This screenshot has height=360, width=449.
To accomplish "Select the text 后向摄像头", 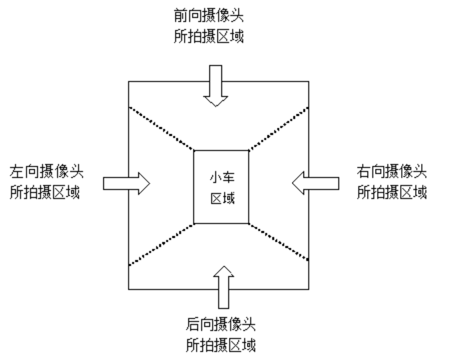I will click(x=220, y=325).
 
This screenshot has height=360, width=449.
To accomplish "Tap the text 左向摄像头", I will click(x=47, y=171).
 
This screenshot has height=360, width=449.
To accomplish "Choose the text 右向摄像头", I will click(x=391, y=171).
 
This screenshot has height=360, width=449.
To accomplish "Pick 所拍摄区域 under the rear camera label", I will click(x=220, y=346).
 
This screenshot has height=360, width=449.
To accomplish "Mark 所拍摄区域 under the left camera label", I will click(x=47, y=193).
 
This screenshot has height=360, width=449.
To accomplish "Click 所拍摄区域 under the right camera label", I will click(x=391, y=192).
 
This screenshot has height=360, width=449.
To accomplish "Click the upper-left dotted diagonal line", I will click(x=161, y=128).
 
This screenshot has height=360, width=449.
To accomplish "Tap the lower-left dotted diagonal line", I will click(x=161, y=244).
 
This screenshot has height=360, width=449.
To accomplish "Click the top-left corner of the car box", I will click(x=193, y=151).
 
